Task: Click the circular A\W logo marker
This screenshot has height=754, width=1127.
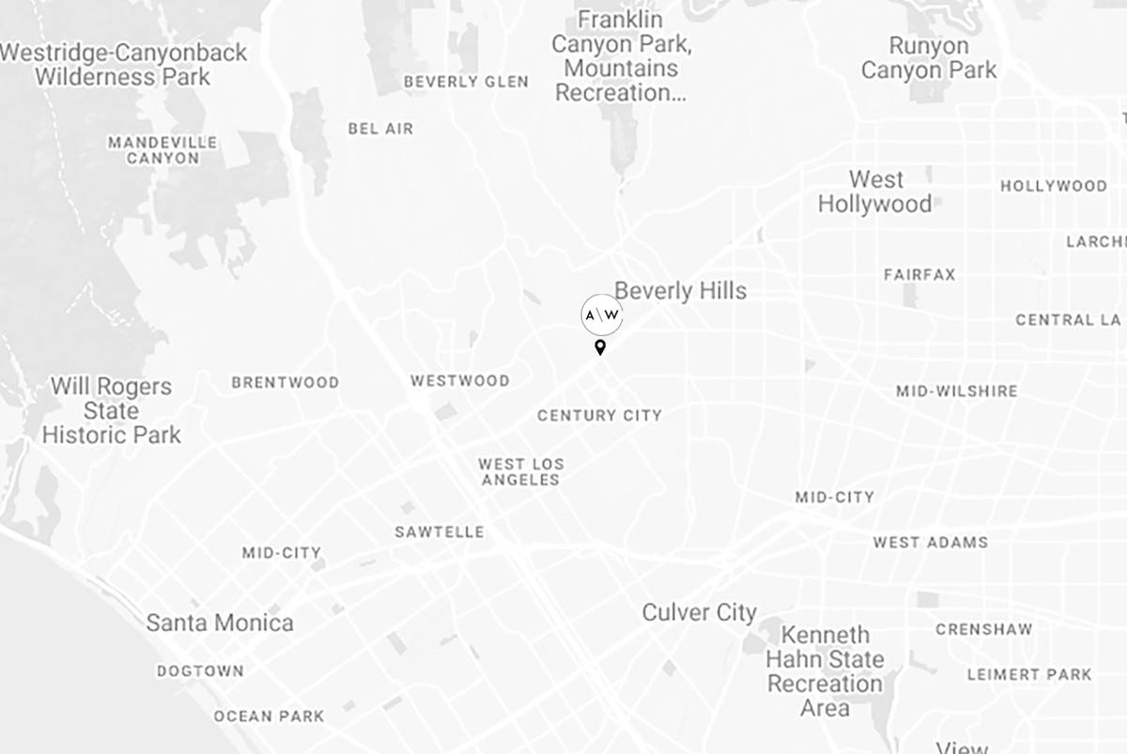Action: (602, 315)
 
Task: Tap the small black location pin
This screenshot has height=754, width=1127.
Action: (600, 348)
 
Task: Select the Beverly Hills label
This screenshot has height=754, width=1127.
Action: (680, 291)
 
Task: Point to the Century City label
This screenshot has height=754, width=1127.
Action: (599, 415)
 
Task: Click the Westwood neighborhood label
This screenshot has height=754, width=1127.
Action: (460, 381)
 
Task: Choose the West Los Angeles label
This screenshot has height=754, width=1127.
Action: (520, 471)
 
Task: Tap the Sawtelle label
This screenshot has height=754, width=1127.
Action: (440, 532)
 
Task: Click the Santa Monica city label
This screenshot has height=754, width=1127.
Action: (220, 623)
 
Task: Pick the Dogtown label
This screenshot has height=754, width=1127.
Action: (200, 671)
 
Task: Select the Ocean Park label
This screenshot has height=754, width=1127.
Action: (269, 716)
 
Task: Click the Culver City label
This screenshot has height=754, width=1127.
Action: (699, 613)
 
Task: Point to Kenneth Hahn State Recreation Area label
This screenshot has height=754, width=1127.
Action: (825, 671)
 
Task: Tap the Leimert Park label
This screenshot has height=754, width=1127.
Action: (1029, 674)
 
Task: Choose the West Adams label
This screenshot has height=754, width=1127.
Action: (930, 543)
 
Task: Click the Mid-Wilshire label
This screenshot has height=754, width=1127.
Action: (956, 391)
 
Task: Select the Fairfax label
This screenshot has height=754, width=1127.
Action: (919, 275)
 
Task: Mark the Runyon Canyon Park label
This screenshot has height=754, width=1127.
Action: (929, 58)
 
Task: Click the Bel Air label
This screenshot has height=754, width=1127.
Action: (380, 129)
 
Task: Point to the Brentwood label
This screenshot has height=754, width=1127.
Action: (286, 383)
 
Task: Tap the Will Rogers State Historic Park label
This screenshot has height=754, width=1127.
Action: (111, 411)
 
